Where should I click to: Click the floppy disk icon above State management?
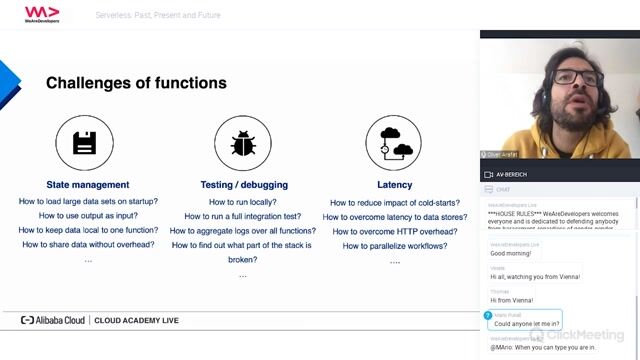(84, 144)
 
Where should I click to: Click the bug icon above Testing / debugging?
(243, 144)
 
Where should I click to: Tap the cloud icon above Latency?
(394, 144)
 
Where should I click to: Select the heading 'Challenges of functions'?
(136, 83)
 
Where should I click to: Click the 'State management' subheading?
(88, 184)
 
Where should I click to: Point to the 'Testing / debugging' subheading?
(243, 184)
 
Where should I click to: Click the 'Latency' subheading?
(394, 184)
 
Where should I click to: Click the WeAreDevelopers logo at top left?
(42, 14)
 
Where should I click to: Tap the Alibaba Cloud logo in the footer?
(54, 321)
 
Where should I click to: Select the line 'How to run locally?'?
(243, 202)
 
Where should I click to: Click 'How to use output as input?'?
(88, 216)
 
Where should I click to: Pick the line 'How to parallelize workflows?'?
(394, 245)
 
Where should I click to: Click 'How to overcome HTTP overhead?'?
(394, 231)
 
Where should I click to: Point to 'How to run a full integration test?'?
(243, 216)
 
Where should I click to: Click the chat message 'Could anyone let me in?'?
(528, 322)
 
